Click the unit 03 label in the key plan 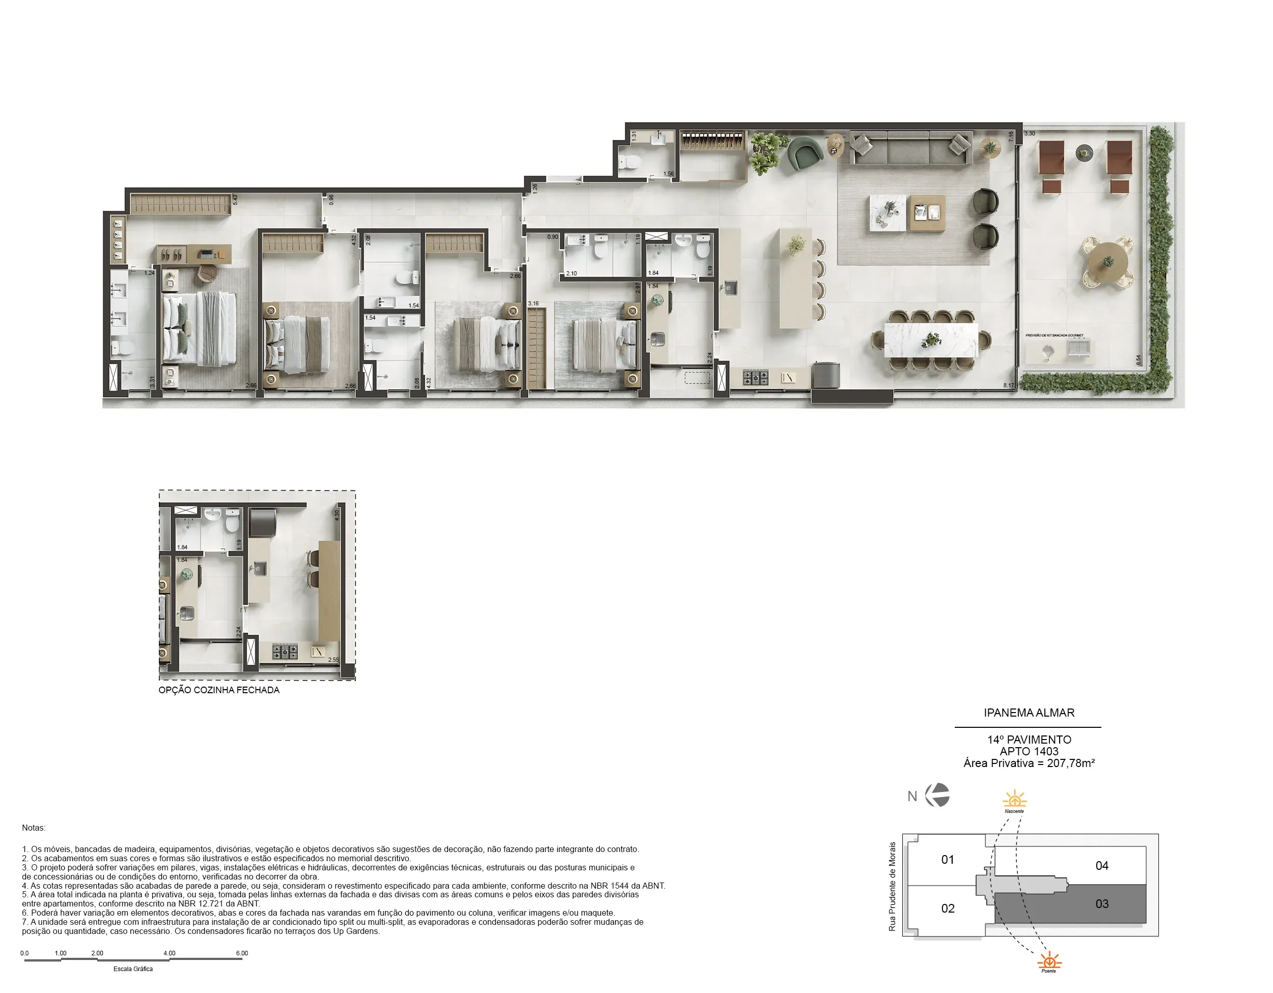click(1101, 904)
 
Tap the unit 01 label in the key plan click(947, 860)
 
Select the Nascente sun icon click(1014, 799)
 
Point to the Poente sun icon click(1048, 960)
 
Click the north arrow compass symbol click(938, 796)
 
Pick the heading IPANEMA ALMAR click(1029, 713)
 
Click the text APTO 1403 click(1029, 752)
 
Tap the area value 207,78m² click(1070, 763)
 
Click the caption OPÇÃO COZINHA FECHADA click(219, 690)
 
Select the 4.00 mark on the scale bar click(170, 953)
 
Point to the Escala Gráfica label click(133, 969)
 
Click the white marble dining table click(931, 340)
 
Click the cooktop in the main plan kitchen click(756, 378)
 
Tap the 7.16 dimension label click(1011, 136)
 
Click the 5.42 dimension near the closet click(235, 200)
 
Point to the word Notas click(34, 828)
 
